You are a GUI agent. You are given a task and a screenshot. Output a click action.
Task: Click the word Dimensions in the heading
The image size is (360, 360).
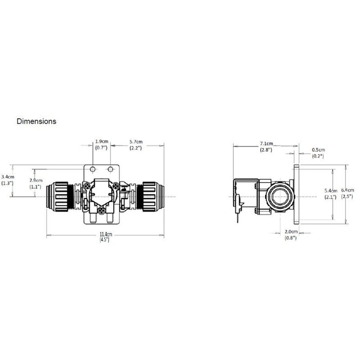pos(37,122)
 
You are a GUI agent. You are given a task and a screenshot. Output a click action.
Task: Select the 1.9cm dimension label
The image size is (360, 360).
pos(102,141)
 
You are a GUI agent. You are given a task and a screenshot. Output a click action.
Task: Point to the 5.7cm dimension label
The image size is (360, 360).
pos(136,141)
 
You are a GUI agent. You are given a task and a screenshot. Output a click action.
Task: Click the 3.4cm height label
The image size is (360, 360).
pos(8,176)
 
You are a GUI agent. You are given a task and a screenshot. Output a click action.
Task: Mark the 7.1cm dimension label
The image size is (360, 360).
pos(266,143)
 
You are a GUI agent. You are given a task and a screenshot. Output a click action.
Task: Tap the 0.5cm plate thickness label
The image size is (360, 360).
pos(318,150)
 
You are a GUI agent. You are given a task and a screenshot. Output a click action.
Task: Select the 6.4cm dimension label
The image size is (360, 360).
pos(348,190)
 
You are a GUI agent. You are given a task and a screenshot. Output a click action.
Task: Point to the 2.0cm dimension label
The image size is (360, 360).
pos(290,232)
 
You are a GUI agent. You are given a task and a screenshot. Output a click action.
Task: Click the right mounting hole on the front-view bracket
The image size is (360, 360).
pos(110,169)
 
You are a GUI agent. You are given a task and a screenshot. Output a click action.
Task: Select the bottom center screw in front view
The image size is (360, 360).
pos(102,210)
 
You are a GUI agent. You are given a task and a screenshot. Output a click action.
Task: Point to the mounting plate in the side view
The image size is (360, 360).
pos(296,195)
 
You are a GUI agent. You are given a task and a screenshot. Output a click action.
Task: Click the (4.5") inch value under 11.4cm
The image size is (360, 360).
pos(105,240)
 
